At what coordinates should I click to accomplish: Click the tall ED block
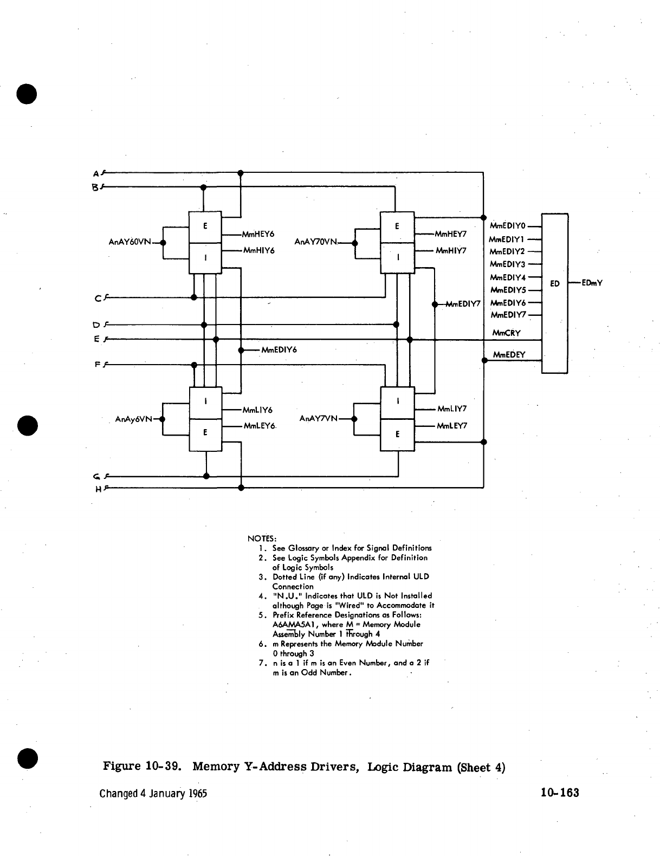pyautogui.click(x=554, y=293)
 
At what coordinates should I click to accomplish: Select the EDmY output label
pyautogui.click(x=592, y=283)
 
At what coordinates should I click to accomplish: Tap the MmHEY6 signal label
pyautogui.click(x=258, y=235)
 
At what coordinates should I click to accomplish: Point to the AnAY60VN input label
pyautogui.click(x=130, y=242)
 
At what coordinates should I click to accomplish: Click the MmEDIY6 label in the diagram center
pyautogui.click(x=279, y=350)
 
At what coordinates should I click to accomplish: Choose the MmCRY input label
pyautogui.click(x=506, y=333)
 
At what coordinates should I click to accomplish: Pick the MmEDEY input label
pyautogui.click(x=509, y=355)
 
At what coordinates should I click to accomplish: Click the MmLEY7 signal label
pyautogui.click(x=452, y=426)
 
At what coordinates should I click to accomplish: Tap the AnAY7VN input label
pyautogui.click(x=319, y=418)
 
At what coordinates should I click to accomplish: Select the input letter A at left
pyautogui.click(x=96, y=174)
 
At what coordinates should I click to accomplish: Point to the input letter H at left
pyautogui.click(x=98, y=489)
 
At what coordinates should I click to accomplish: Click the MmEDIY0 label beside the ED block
pyautogui.click(x=507, y=226)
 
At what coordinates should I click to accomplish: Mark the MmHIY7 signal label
pyautogui.click(x=451, y=251)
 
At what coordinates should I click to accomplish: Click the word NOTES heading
pyautogui.click(x=262, y=539)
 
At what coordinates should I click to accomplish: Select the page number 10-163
pyautogui.click(x=559, y=793)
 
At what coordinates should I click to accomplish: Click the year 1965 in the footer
pyautogui.click(x=198, y=794)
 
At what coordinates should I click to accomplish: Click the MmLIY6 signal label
pyautogui.click(x=257, y=410)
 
